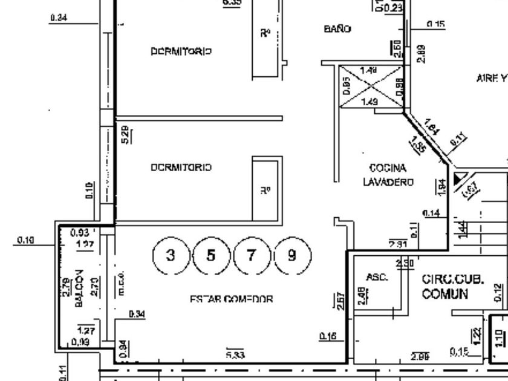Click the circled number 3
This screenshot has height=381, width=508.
[171, 255]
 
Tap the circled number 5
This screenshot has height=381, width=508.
[210, 255]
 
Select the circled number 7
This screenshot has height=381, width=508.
[252, 255]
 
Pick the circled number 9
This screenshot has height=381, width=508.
[292, 255]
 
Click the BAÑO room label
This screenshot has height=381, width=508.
[338, 28]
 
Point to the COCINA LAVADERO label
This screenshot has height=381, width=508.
[388, 175]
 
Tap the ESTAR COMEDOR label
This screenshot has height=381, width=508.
[232, 299]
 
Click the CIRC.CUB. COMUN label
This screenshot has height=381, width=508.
[453, 287]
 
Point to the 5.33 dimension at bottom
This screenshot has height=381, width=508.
[235, 355]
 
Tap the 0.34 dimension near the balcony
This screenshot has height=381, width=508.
[137, 313]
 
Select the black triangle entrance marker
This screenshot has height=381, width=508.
[460, 178]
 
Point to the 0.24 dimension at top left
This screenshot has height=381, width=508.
[59, 18]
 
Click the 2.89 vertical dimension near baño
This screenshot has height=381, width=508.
[421, 53]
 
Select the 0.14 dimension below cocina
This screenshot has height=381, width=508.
[431, 213]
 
